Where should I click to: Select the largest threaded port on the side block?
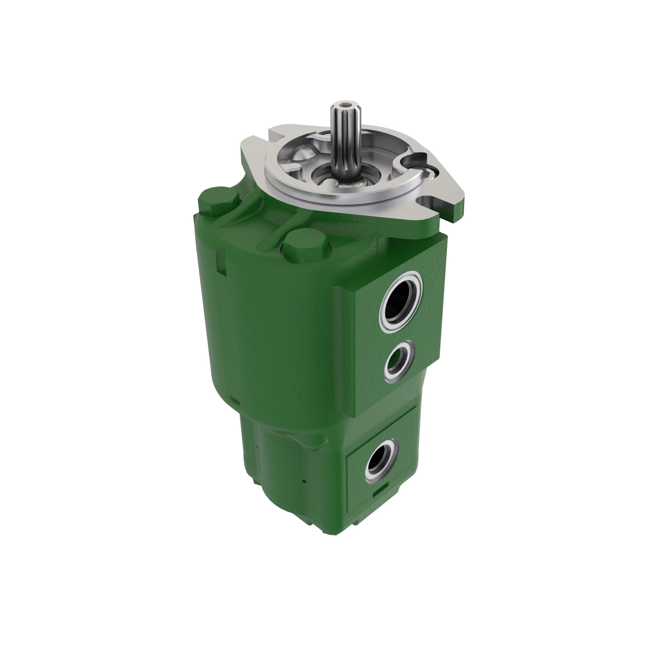click(399, 301)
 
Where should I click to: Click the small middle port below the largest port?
click(399, 362)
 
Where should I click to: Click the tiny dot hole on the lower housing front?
click(304, 482)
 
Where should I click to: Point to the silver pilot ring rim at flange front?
click(335, 201)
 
